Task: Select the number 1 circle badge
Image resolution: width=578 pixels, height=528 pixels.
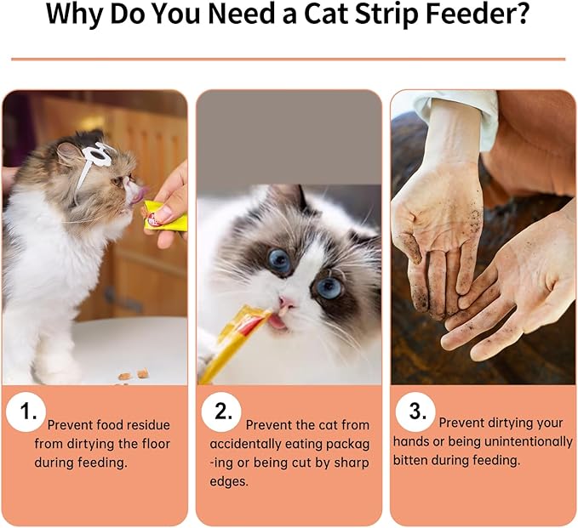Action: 26,412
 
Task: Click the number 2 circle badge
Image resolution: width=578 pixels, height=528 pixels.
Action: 221,412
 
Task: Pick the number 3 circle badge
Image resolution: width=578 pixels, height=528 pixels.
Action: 415,412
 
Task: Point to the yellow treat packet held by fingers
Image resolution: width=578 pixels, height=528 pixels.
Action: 165,217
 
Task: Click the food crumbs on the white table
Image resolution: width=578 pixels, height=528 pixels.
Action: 134,375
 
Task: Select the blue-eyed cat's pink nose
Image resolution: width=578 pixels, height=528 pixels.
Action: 286,302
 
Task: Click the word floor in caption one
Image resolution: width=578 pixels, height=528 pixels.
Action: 156,443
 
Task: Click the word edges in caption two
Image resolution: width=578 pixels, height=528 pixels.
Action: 228,482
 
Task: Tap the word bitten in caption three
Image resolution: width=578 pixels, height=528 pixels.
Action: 410,460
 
